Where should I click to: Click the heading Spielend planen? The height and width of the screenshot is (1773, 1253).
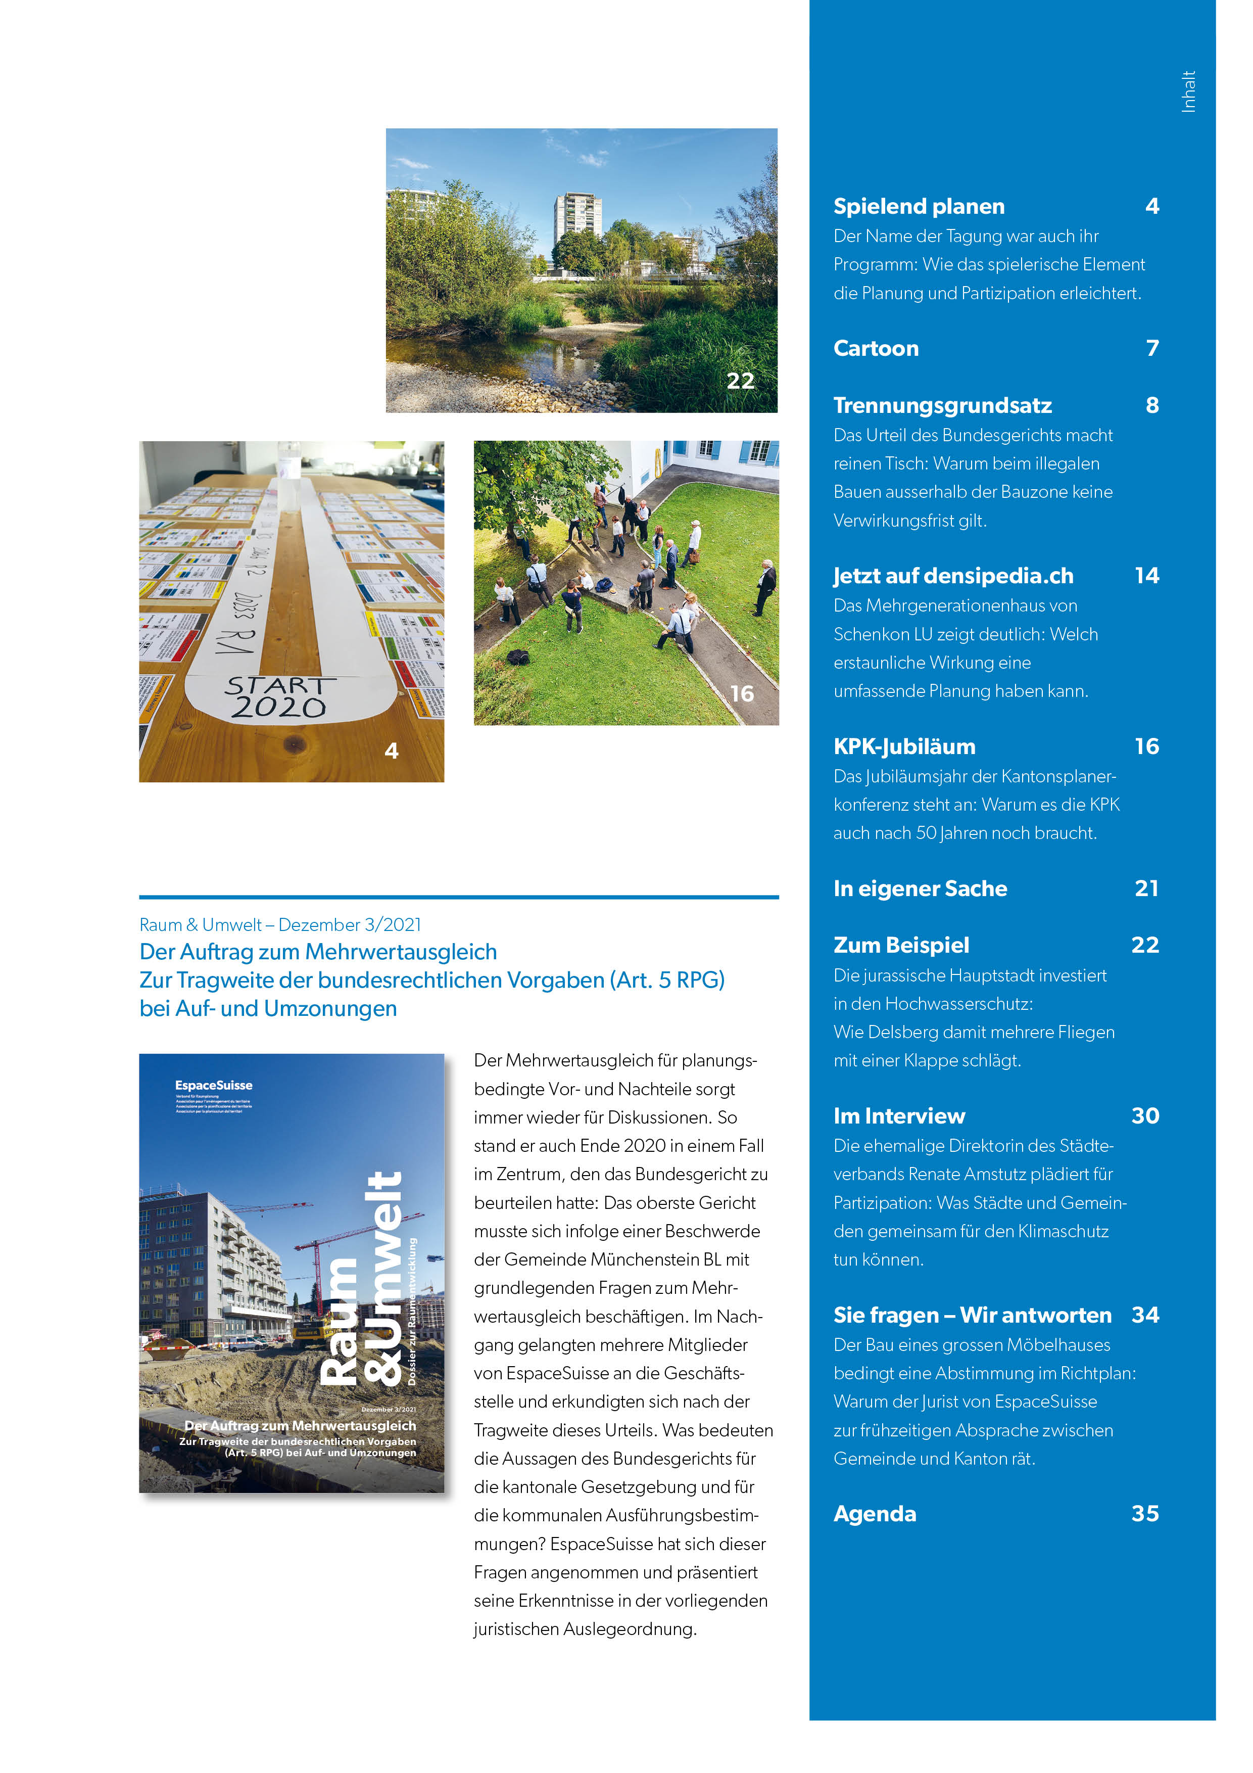(x=918, y=206)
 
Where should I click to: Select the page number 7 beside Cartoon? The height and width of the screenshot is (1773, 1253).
(x=1152, y=348)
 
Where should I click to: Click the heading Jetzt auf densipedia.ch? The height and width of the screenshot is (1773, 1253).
(x=953, y=576)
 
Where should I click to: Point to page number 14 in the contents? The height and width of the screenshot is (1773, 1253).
(x=1146, y=575)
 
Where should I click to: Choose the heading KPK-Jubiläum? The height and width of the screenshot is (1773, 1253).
(x=904, y=746)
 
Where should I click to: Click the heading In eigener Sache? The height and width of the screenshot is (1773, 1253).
(x=920, y=889)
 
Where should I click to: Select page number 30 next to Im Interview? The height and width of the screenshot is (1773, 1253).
(x=1145, y=1116)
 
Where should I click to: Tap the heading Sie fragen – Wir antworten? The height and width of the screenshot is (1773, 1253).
(x=972, y=1315)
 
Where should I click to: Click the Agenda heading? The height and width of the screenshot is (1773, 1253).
(x=875, y=1514)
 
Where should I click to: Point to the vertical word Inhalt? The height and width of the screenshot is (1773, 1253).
(x=1188, y=92)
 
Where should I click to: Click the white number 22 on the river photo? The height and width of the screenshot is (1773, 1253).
(x=740, y=381)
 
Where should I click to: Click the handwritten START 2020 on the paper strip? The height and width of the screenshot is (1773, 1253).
(x=279, y=696)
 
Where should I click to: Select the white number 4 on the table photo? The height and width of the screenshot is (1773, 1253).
(x=392, y=751)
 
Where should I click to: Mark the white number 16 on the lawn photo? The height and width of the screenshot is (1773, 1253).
(x=741, y=693)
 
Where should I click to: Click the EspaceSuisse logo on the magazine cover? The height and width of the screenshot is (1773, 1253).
(x=213, y=1086)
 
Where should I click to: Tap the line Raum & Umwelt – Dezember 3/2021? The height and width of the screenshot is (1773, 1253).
(x=280, y=924)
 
